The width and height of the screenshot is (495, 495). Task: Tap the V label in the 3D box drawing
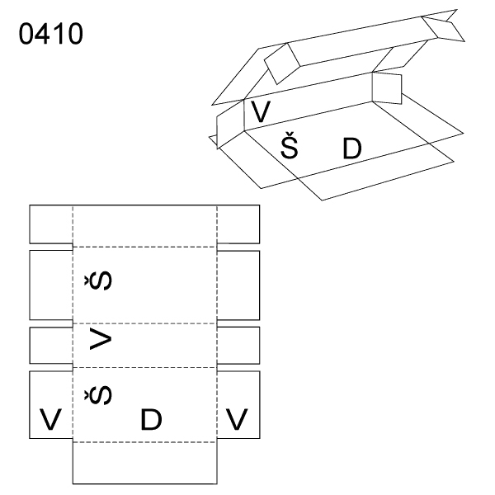click(261, 110)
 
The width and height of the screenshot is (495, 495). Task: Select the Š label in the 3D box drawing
click(288, 148)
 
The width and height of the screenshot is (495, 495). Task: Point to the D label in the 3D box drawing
click(352, 148)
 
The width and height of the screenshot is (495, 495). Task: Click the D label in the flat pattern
click(151, 419)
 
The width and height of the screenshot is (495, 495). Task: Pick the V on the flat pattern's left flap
click(50, 419)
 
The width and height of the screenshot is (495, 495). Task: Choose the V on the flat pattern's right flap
click(238, 419)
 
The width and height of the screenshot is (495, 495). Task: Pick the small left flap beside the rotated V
click(50, 345)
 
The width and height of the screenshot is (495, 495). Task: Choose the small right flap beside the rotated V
click(238, 345)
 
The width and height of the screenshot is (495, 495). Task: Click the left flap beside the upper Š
click(50, 285)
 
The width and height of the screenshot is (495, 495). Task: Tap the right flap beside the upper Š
click(238, 285)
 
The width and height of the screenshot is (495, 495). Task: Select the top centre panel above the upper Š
click(144, 224)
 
